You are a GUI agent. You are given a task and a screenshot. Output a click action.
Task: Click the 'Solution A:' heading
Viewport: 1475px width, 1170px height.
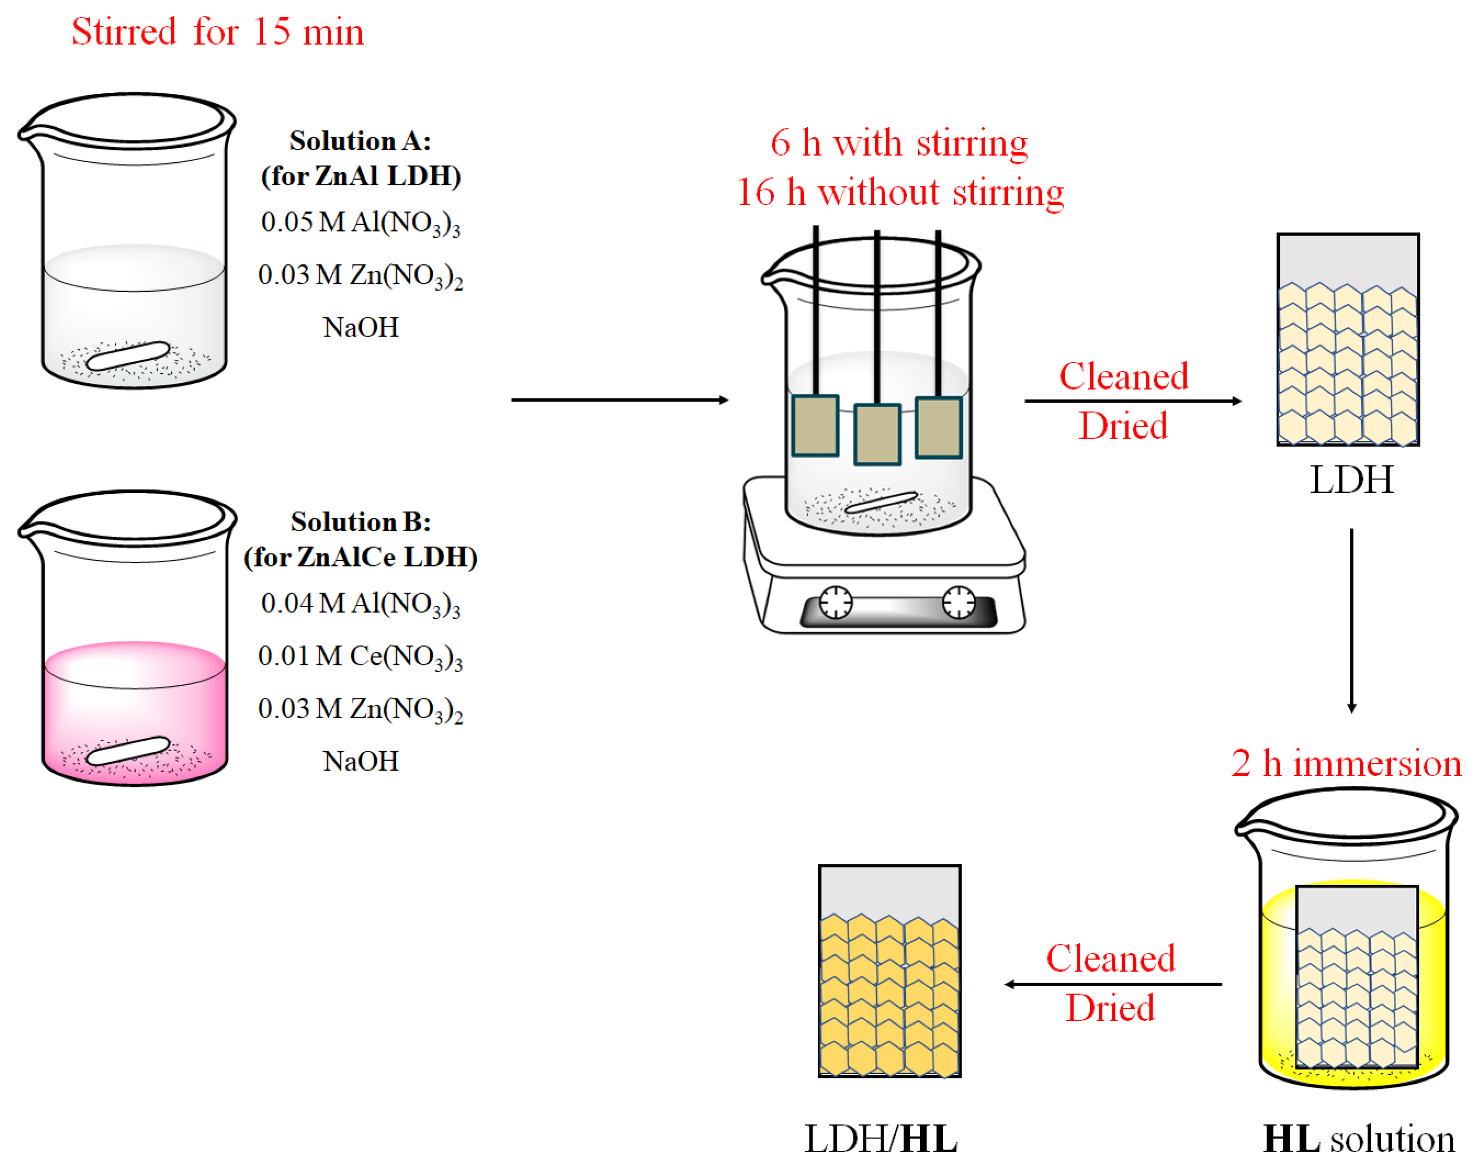tap(360, 141)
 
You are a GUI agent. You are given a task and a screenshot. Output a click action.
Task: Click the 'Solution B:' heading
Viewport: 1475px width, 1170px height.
tap(361, 522)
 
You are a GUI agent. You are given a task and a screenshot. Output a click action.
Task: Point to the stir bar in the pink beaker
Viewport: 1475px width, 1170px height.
tap(129, 751)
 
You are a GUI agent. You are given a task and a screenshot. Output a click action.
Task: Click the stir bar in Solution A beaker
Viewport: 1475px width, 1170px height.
tap(129, 355)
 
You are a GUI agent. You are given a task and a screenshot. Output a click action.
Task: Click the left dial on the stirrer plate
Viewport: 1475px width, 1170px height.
tap(835, 602)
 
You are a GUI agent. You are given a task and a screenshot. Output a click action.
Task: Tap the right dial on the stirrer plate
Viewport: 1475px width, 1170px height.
tap(959, 602)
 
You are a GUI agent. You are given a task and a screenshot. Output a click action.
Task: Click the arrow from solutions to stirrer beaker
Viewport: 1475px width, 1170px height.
tap(619, 400)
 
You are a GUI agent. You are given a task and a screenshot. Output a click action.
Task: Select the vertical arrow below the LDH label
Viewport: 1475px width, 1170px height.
tap(1351, 619)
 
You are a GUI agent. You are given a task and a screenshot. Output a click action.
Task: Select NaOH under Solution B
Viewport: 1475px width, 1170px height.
tap(361, 761)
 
